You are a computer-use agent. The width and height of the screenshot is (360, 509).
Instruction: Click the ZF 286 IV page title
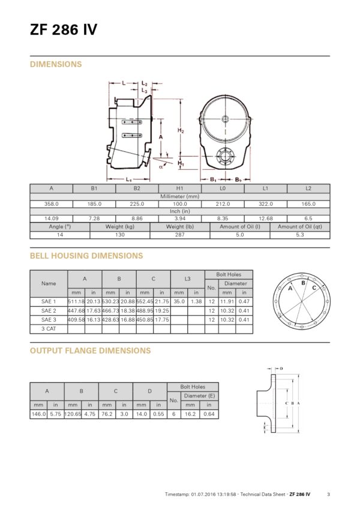click(64, 29)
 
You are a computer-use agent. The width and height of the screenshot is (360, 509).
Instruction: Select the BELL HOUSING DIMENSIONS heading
click(86, 256)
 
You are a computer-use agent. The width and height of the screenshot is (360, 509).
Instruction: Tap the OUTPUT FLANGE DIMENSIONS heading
click(90, 351)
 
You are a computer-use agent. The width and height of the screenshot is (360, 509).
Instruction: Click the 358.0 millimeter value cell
click(51, 204)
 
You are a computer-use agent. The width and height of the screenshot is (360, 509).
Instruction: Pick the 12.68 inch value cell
click(266, 218)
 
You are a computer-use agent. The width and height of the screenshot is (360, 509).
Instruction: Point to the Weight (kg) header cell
click(120, 226)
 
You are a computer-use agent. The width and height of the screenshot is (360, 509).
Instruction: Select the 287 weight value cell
click(180, 235)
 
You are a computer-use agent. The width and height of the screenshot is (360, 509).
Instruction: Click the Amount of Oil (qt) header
click(300, 226)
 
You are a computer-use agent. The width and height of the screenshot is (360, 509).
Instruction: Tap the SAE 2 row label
click(49, 311)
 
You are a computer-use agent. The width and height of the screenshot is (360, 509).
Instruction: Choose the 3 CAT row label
click(49, 329)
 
